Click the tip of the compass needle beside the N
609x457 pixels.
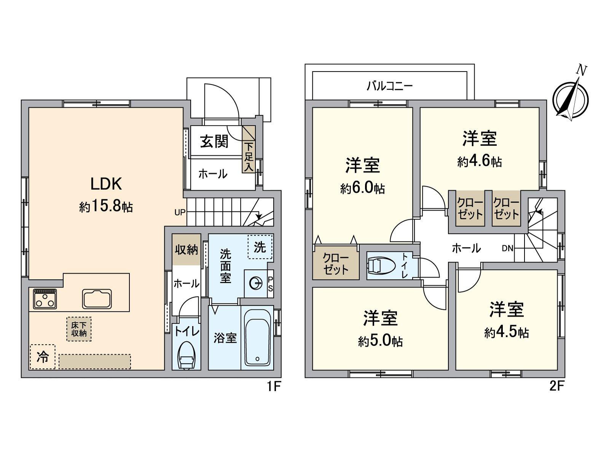579,77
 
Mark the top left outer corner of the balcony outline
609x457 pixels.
305,64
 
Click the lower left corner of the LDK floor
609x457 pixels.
29,369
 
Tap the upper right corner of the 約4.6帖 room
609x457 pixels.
539,108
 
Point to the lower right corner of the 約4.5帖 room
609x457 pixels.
557,369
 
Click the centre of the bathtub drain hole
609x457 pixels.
257,359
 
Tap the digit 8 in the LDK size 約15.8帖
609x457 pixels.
116,207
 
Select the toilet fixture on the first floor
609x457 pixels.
186,356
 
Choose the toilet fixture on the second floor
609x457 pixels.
381,265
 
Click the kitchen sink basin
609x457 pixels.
97,299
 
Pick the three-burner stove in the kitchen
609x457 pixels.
45,299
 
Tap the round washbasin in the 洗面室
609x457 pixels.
255,284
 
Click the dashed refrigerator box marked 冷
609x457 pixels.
43,357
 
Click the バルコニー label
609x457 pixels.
390,86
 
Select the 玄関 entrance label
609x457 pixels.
214,142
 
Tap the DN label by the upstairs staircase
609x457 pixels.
507,248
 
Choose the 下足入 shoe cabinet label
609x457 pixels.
249,157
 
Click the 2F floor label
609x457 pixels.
557,386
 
